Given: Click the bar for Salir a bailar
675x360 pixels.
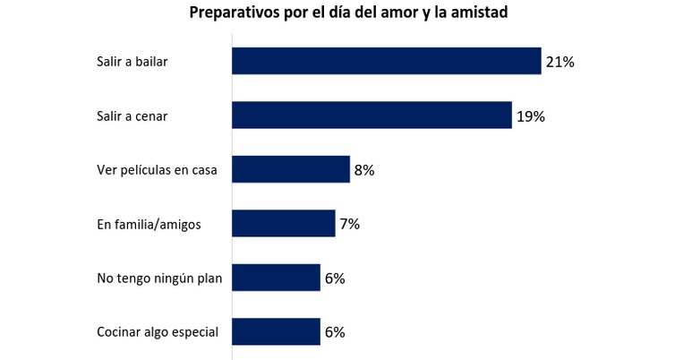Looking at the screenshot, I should coord(387,61).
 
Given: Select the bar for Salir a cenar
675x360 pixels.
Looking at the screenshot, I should coord(372,116).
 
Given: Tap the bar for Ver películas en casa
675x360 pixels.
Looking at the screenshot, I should coord(291,169).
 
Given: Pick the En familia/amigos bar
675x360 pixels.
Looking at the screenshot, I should coord(284,223).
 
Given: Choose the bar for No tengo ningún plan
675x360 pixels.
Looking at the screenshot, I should coord(276,278).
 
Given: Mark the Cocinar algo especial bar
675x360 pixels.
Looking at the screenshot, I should coord(276,331).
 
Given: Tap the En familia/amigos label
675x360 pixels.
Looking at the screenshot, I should coord(150,224).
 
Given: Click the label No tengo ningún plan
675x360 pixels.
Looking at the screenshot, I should coord(158,279).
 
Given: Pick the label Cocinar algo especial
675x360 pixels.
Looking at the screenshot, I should coord(157,332).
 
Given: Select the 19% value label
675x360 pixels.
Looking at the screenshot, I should coord(530,116).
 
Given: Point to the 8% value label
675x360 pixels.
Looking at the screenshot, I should coord(363,170).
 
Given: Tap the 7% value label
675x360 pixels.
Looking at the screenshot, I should coord(349,224).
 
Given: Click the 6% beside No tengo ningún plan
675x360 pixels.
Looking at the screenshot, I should coord(335,279).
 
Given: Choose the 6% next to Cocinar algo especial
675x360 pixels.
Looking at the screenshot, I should coord(335,332).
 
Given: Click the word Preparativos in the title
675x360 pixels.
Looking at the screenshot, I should coord(233,13).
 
